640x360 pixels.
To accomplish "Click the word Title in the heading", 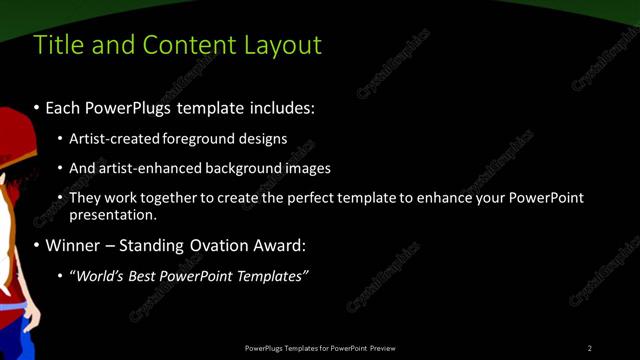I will click(58, 45).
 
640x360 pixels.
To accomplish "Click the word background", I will click(235, 168).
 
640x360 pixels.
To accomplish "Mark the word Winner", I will click(74, 245).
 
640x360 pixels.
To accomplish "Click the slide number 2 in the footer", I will click(590, 348).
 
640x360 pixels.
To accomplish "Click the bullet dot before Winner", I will click(37, 245).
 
